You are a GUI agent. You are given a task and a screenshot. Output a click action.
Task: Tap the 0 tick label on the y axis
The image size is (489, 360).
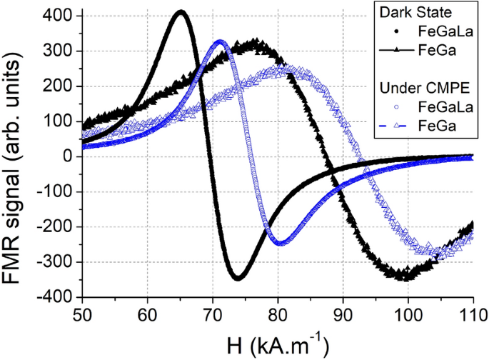coord(69,156)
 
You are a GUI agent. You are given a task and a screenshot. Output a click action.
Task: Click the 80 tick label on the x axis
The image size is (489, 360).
coord(278,314)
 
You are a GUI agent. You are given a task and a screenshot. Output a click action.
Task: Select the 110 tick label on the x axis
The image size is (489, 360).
coord(473,314)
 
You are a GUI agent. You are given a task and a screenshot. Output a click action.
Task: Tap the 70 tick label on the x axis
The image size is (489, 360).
coord(213,314)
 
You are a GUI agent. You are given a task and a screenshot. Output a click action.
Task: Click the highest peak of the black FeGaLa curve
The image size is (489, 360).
coord(181,11)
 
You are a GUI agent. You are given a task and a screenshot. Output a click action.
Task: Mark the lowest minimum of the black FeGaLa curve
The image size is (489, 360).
coord(238,277)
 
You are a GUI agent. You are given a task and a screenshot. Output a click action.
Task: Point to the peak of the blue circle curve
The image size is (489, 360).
coord(220,41)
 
